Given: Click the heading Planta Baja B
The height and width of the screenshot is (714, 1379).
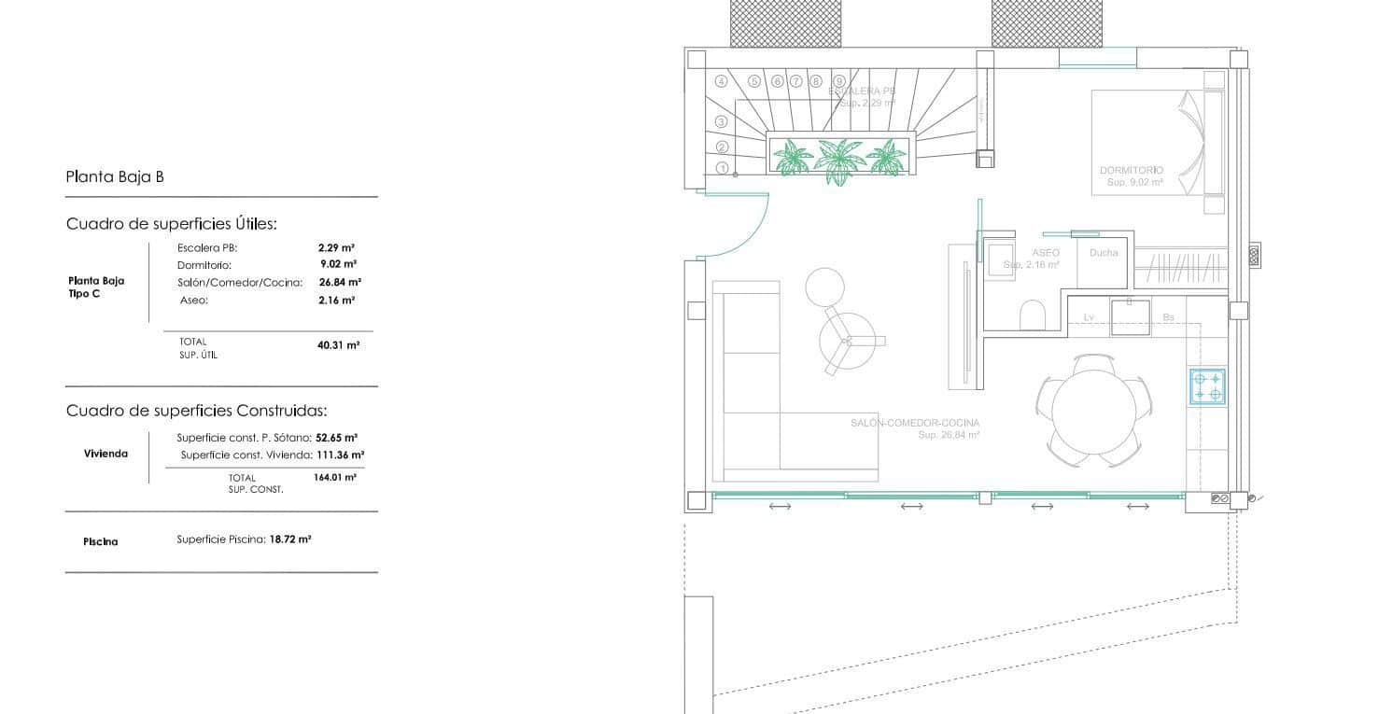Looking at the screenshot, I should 115,176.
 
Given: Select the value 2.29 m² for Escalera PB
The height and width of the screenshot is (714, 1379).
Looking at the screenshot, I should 336,248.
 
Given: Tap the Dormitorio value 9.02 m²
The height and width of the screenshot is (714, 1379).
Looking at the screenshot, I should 336,265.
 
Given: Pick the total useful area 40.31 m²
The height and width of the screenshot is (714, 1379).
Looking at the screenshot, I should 338,345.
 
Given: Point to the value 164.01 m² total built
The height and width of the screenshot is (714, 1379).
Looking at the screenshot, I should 335,478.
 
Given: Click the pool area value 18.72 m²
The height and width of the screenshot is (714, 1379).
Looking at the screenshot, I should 290,539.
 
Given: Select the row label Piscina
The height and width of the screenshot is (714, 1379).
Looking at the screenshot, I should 101,541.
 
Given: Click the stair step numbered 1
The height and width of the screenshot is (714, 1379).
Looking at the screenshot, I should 722,168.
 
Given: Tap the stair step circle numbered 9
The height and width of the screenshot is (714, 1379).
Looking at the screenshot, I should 839,81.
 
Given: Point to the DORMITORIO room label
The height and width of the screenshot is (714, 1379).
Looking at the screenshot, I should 1132,171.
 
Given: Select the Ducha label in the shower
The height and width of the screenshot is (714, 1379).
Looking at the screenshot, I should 1104,253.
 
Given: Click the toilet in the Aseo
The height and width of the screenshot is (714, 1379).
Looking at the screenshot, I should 1033,315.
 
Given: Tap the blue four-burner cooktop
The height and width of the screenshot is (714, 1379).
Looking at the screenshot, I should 1206,386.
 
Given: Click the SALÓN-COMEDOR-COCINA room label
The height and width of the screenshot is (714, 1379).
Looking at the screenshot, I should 915,424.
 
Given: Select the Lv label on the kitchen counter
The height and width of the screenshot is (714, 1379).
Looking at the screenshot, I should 1089,318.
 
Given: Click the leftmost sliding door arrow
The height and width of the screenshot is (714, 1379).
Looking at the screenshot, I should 780,506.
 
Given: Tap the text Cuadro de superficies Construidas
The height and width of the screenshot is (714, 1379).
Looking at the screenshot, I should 197,411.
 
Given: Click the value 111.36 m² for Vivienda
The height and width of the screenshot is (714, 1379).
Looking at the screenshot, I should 337,455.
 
